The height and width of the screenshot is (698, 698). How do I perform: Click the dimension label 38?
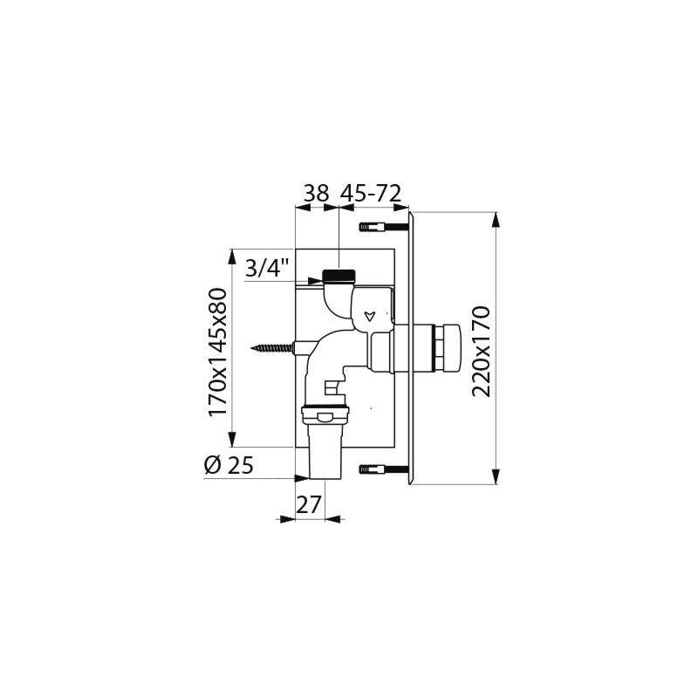pyautogui.click(x=316, y=194)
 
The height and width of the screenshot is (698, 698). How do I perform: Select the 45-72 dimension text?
pyautogui.click(x=371, y=194)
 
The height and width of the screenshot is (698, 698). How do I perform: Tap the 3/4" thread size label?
pyautogui.click(x=267, y=269)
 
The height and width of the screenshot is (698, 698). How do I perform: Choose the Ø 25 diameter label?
pyautogui.click(x=229, y=466)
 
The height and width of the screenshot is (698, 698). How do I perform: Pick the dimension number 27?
pyautogui.click(x=310, y=504)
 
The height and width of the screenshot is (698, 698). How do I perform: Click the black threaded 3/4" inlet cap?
pyautogui.click(x=338, y=277)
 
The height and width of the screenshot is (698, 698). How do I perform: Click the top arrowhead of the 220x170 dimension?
pyautogui.click(x=496, y=217)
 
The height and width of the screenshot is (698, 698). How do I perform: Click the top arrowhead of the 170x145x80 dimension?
pyautogui.click(x=232, y=254)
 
